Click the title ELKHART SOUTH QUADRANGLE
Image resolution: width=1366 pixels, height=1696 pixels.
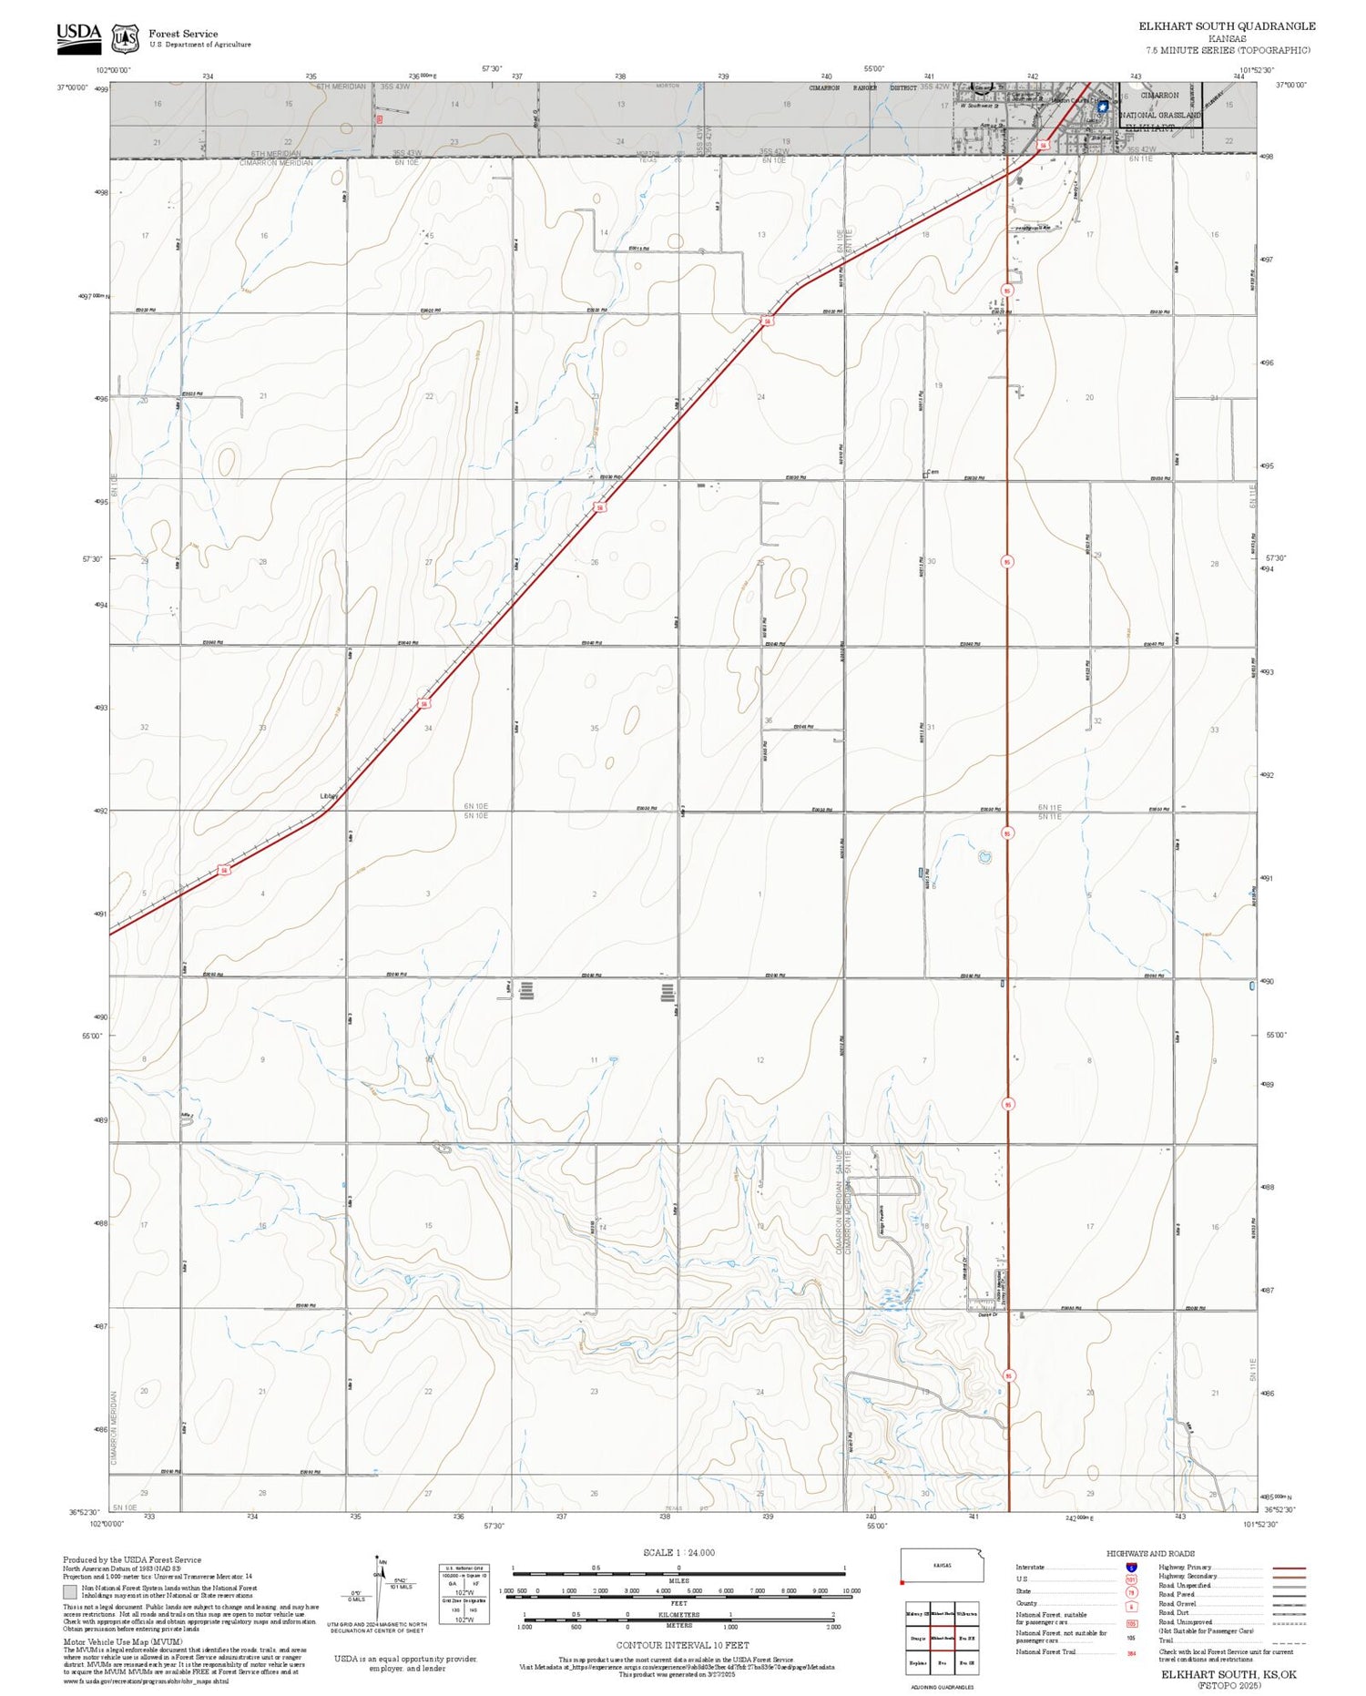[1227, 26]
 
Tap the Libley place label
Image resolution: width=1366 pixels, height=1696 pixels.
[329, 796]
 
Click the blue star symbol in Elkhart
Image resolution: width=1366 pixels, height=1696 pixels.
[1103, 106]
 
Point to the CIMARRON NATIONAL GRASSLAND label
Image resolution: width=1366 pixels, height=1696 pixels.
[1160, 105]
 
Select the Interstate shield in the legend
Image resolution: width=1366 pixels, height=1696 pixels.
[1132, 1567]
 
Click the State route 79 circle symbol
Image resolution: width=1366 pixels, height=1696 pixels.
[1132, 1592]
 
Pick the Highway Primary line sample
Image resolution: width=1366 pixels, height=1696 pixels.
[1286, 1568]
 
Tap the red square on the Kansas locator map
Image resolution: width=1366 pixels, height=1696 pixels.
[902, 1582]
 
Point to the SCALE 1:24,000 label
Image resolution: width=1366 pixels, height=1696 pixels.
[678, 1552]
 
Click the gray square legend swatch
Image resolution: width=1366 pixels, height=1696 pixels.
[70, 1591]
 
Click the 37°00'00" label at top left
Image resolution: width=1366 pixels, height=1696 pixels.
[72, 87]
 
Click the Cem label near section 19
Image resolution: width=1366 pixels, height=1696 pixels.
[933, 472]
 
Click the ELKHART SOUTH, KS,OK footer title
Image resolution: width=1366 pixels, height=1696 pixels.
[1228, 1674]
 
